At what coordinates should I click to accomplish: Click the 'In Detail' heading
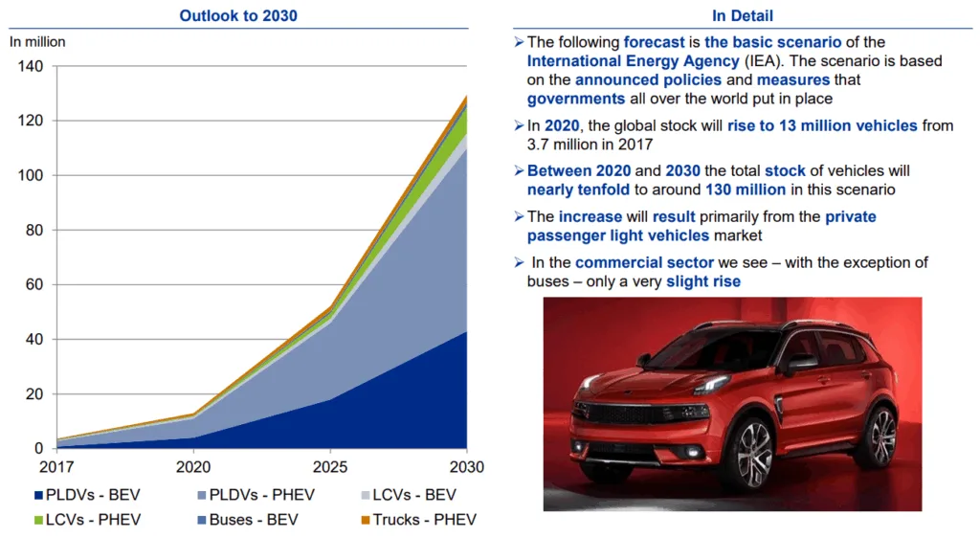pos(742,15)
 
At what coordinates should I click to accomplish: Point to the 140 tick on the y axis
pos(32,67)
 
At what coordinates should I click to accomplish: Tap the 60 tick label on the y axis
pos(35,284)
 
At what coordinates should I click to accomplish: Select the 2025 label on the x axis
pos(330,467)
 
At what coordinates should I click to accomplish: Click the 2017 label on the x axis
pos(57,467)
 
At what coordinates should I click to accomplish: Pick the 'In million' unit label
pos(38,42)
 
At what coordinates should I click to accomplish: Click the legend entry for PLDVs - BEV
pos(85,495)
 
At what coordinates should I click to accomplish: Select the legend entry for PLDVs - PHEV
pos(256,495)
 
